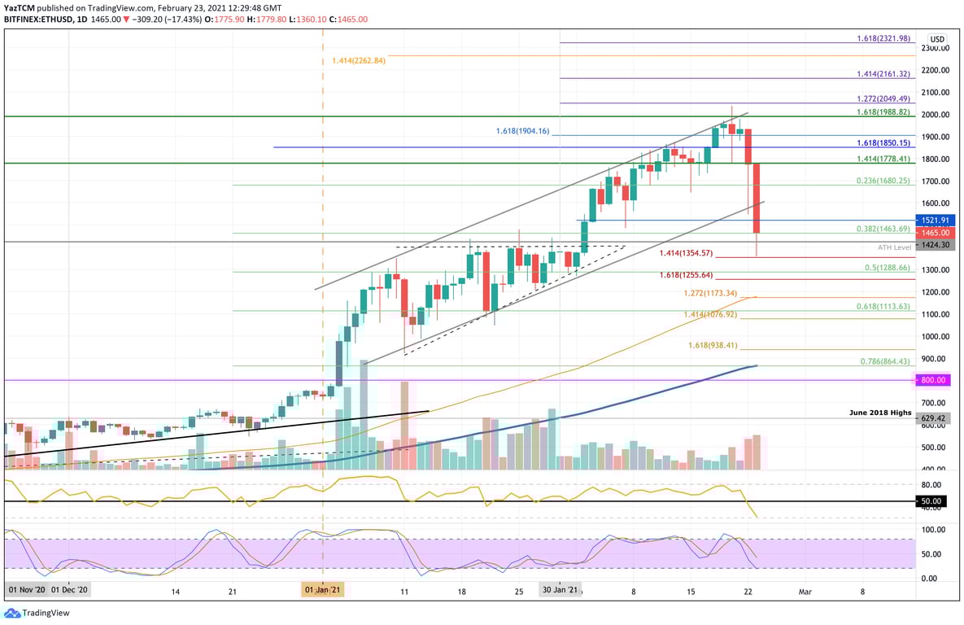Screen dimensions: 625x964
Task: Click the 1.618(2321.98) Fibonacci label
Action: click(x=883, y=38)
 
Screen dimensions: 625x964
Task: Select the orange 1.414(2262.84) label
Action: click(x=358, y=60)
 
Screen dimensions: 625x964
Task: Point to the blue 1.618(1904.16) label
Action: click(x=523, y=131)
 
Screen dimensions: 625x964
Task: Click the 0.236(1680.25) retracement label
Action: click(x=883, y=181)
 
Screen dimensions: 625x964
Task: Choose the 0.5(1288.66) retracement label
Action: click(x=888, y=267)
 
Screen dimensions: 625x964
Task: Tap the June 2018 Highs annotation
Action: click(x=880, y=413)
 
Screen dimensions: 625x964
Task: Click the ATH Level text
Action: click(x=895, y=247)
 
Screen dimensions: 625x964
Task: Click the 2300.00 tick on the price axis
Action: click(x=935, y=48)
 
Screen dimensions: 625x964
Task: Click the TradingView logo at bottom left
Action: click(x=37, y=611)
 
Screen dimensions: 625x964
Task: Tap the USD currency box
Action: click(x=937, y=39)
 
